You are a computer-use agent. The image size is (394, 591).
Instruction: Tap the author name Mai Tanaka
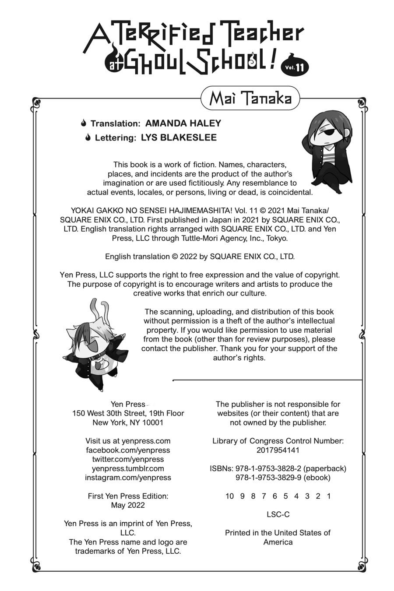point(250,98)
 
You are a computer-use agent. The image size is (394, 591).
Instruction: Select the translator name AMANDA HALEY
point(183,123)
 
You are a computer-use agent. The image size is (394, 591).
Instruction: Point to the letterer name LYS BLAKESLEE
point(179,137)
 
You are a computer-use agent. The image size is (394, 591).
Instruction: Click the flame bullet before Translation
point(84,123)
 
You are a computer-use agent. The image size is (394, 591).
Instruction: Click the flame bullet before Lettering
point(88,137)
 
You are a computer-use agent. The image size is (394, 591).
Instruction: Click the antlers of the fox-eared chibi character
point(99,311)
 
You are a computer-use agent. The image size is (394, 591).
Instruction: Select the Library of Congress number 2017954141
point(278,450)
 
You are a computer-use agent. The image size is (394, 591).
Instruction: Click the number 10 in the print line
point(229,496)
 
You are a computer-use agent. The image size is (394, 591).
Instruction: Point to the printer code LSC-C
point(278,514)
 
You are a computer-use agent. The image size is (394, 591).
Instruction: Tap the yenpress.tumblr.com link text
point(128,468)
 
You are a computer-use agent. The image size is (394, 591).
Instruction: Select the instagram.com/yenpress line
point(128,478)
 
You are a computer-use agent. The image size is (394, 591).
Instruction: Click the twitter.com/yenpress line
point(128,459)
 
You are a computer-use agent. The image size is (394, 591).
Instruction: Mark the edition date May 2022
point(128,505)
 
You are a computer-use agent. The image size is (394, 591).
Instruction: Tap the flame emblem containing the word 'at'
point(113,64)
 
